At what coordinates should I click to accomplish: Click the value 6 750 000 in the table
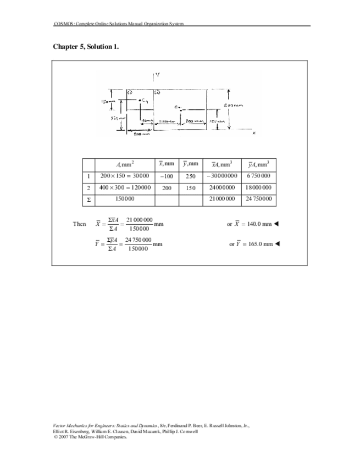pos(259,176)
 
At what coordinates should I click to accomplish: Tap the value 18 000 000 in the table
pos(259,187)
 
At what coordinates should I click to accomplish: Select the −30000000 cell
pos(221,176)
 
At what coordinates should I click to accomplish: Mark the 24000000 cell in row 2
pos(221,187)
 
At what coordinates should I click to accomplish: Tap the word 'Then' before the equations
pos(79,224)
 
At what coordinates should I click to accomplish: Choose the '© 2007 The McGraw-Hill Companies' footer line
pos(90,437)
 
